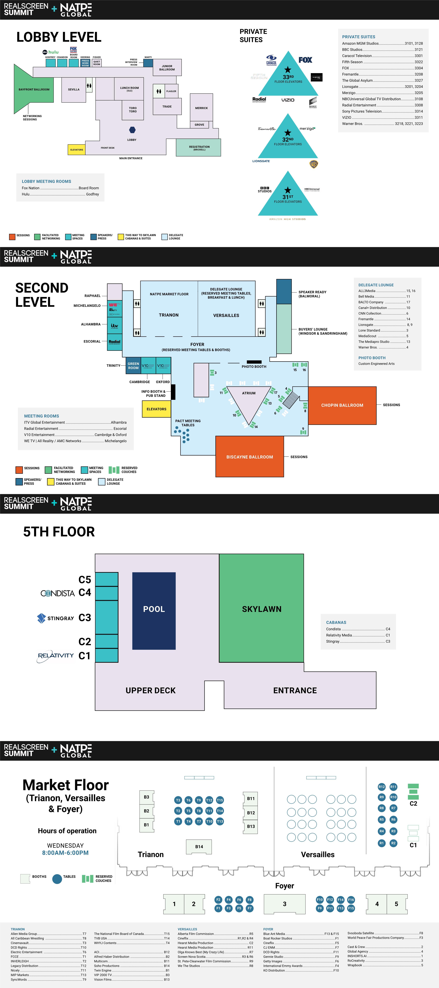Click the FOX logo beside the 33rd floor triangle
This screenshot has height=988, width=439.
305,60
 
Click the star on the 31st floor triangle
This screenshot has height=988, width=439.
288,190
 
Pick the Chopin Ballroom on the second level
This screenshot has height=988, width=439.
342,405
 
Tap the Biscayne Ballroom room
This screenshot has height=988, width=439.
250,457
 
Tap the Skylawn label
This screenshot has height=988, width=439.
262,609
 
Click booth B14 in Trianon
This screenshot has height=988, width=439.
199,846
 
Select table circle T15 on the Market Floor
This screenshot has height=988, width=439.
220,800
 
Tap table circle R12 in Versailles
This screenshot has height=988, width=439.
381,787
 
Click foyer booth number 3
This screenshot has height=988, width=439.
285,904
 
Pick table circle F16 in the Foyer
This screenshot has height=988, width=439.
351,900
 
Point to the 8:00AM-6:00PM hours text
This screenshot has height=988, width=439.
65,853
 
